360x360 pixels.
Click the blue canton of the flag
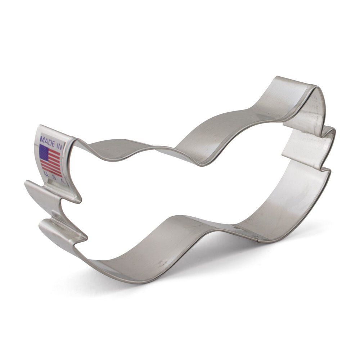[x=44, y=152]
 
